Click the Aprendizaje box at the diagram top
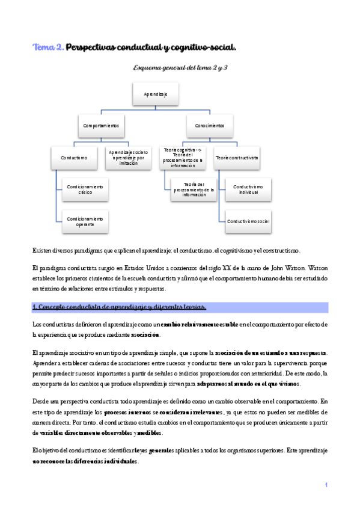tap(155, 94)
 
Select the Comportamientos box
tap(100, 126)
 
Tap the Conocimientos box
tap(209, 126)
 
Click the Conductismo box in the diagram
tap(74, 158)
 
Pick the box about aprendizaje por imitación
tap(129, 158)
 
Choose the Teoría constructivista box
tap(237, 158)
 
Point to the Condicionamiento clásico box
tap(85, 190)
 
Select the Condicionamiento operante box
tap(85, 221)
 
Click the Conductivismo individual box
tap(248, 190)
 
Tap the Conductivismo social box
tap(248, 221)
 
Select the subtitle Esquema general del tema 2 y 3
tap(180, 68)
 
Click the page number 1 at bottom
tap(325, 485)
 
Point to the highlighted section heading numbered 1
tap(119, 307)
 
